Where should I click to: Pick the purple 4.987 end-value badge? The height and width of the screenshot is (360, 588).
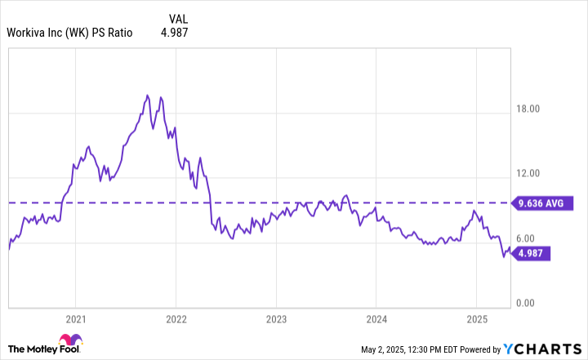coord(532,253)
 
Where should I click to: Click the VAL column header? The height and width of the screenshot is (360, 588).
coord(180,17)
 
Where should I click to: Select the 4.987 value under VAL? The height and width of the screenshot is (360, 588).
coord(180,33)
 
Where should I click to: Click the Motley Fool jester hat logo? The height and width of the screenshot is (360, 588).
coord(69,341)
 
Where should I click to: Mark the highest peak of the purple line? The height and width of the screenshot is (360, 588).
coord(147,96)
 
